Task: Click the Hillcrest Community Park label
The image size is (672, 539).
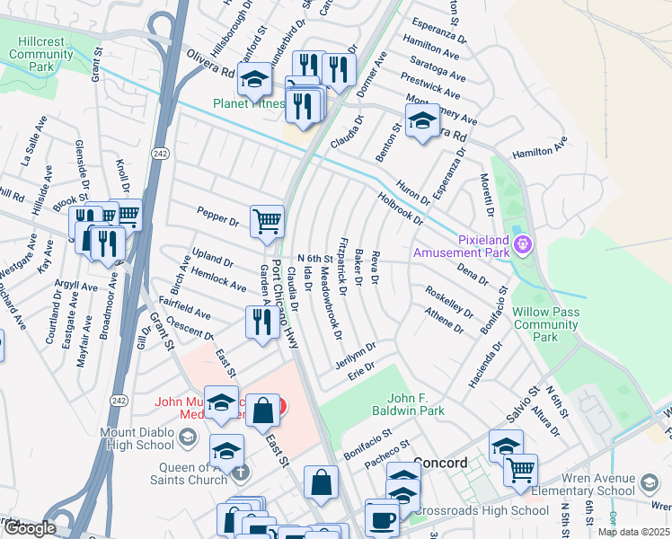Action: [41, 54]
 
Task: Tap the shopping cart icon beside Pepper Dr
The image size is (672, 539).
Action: [267, 221]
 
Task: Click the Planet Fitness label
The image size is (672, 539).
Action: [247, 103]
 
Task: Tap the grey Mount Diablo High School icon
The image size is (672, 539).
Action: [188, 437]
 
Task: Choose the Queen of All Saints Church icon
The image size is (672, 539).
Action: [238, 473]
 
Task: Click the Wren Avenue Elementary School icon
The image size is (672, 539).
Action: [647, 486]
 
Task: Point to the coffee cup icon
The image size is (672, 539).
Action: [382, 519]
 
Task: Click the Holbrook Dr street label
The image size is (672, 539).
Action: [401, 208]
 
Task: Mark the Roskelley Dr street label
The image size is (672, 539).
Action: [449, 301]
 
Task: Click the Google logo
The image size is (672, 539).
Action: [30, 528]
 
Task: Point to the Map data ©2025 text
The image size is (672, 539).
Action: [633, 532]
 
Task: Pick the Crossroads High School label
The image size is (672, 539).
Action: [481, 511]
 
